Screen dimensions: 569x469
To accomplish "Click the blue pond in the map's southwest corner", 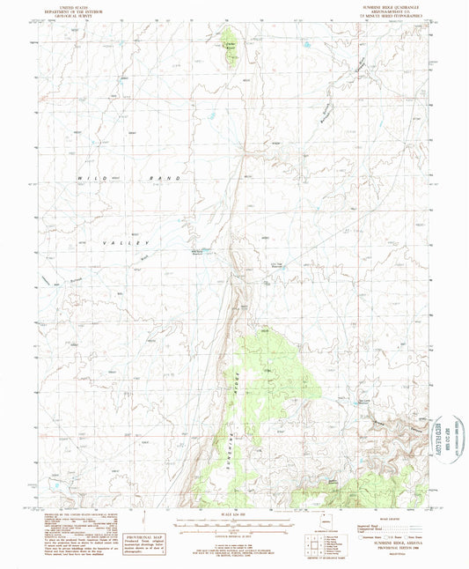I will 55,485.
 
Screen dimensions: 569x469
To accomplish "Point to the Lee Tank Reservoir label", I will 278,267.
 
